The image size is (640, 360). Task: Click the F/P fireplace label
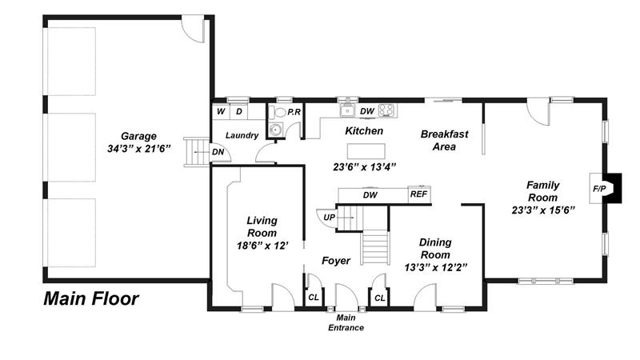[x=599, y=189]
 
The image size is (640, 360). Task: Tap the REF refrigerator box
[x=418, y=194]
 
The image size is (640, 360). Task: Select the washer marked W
[x=221, y=111]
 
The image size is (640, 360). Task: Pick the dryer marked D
[x=239, y=111]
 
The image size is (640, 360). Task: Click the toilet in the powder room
[x=278, y=112]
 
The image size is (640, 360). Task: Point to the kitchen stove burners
[x=387, y=110]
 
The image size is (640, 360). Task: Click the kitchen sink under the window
[x=348, y=110]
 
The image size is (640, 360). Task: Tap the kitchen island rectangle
[x=366, y=151]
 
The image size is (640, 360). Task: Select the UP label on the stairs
[x=329, y=217]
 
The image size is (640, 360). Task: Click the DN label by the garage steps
[x=218, y=152]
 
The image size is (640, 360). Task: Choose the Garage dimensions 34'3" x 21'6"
[x=138, y=149]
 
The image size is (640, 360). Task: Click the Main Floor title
[x=91, y=298]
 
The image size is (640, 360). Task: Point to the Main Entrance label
[x=346, y=322]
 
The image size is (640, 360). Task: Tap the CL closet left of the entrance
[x=314, y=297]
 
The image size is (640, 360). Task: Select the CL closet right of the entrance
[x=379, y=298]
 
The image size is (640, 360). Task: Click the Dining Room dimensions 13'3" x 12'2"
[x=435, y=267]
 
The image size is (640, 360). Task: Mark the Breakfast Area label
[x=445, y=140]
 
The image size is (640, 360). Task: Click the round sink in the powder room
[x=275, y=130]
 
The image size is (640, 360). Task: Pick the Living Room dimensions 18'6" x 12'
[x=263, y=246]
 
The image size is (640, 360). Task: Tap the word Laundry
[x=242, y=135]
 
